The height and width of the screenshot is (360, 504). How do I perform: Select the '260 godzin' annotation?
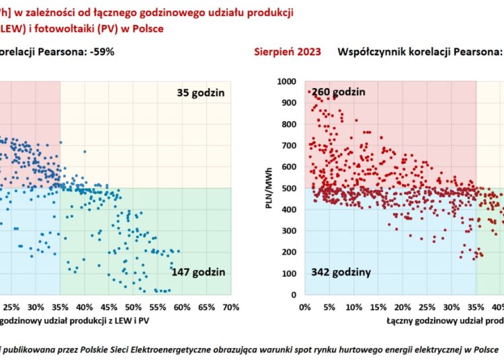[x=339, y=92]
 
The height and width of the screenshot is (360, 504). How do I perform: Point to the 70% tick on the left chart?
[x=230, y=307]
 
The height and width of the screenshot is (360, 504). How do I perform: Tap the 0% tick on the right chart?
[x=304, y=307]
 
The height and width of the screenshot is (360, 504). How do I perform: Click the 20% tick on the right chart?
[x=403, y=307]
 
